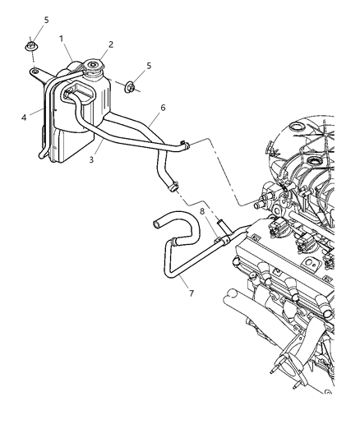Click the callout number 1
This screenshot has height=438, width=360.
coord(62,39)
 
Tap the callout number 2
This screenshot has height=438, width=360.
coord(111,44)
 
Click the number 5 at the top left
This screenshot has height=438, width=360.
coord(46,19)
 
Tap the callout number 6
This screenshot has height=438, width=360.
coord(163,107)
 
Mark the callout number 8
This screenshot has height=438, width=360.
coord(201,211)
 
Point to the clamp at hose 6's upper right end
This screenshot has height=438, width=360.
coord(187,146)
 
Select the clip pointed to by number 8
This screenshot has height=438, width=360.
coord(220,236)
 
